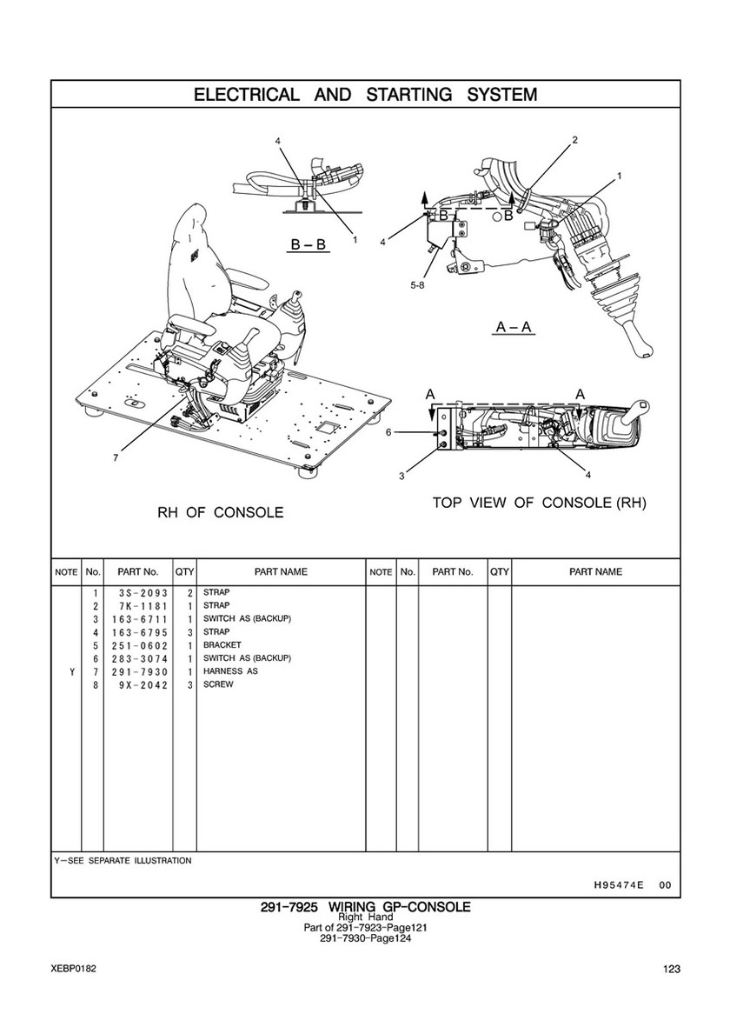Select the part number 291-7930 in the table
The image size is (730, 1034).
pyautogui.click(x=138, y=671)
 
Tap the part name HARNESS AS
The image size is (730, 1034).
pyautogui.click(x=230, y=671)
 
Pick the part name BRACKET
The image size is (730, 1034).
pyautogui.click(x=222, y=645)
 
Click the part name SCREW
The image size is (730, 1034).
pyautogui.click(x=218, y=684)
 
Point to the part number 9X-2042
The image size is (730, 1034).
pyautogui.click(x=138, y=684)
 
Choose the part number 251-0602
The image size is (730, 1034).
pyautogui.click(x=138, y=645)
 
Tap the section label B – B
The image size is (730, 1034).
pyautogui.click(x=308, y=245)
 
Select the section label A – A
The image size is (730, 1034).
pyautogui.click(x=514, y=327)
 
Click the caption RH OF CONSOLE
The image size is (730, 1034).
pyautogui.click(x=220, y=512)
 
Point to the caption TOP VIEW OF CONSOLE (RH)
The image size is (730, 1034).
pyautogui.click(x=540, y=503)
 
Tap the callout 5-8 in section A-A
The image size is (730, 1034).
pyautogui.click(x=418, y=284)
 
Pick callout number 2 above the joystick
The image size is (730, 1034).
pyautogui.click(x=574, y=139)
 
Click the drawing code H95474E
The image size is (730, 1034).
pyautogui.click(x=618, y=885)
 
